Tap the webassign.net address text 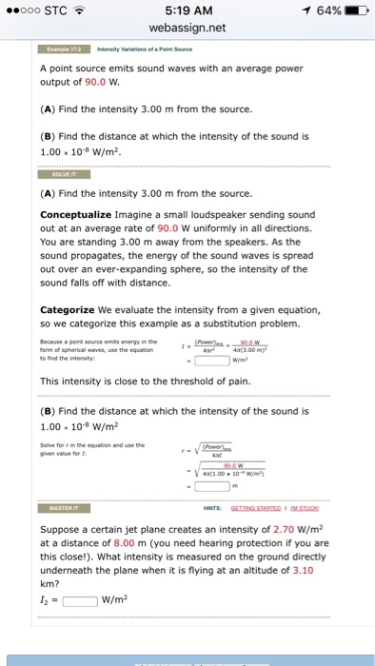click(x=187, y=28)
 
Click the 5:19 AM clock click(x=187, y=10)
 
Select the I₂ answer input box click(x=79, y=600)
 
